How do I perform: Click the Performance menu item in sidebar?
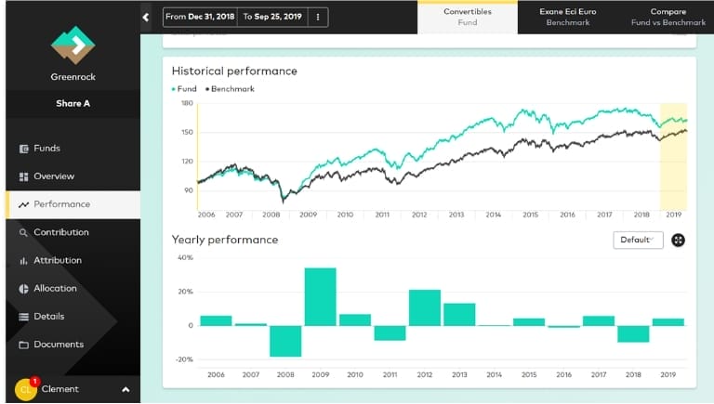pos(61,204)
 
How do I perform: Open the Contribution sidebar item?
pos(60,232)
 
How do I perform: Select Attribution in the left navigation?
pos(57,260)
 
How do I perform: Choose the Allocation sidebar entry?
pos(54,288)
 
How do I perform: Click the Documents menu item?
pos(58,345)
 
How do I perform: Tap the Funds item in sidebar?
pos(46,149)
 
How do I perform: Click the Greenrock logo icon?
pos(73,46)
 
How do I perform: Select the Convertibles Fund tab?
pos(467,17)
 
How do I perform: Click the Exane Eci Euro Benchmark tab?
pos(567,17)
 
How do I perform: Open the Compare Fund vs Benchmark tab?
pos(668,17)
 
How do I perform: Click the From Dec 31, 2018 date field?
pos(201,17)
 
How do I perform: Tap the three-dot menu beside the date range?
pos(318,17)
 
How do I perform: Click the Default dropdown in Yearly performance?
pos(637,240)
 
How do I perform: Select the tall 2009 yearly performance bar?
pos(320,296)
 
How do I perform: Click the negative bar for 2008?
pos(285,341)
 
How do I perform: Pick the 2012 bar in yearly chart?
pos(424,307)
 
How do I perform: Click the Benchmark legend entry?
pos(231,89)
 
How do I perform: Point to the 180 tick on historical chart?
pos(188,103)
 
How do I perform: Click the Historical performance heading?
pos(234,71)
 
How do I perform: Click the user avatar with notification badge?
pos(25,389)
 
